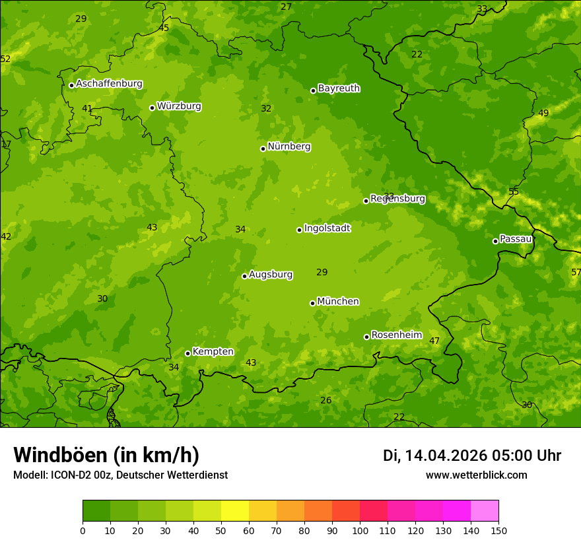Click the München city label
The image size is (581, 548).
coord(338,302)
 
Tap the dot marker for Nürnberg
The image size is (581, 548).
coord(263,149)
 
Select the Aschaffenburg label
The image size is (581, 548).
coord(109,84)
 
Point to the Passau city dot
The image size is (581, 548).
coord(495,241)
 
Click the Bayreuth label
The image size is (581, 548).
coord(339,88)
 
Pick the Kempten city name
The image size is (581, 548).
coord(213,352)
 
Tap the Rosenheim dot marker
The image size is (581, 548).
coord(366,337)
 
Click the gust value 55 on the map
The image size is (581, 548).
coord(514,192)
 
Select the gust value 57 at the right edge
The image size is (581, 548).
coord(576,273)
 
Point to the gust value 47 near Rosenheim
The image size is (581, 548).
coord(434,341)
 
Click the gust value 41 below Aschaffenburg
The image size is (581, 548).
coord(87,108)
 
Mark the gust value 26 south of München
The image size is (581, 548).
coord(326,401)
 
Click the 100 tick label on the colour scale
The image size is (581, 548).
coord(360,530)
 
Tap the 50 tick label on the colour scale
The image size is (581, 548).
coord(221,530)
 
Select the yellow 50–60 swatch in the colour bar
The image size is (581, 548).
coord(235,511)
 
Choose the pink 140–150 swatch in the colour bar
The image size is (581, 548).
coord(485,511)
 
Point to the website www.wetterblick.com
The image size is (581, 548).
coord(476,475)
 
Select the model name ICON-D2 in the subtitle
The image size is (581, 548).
coord(68,475)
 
